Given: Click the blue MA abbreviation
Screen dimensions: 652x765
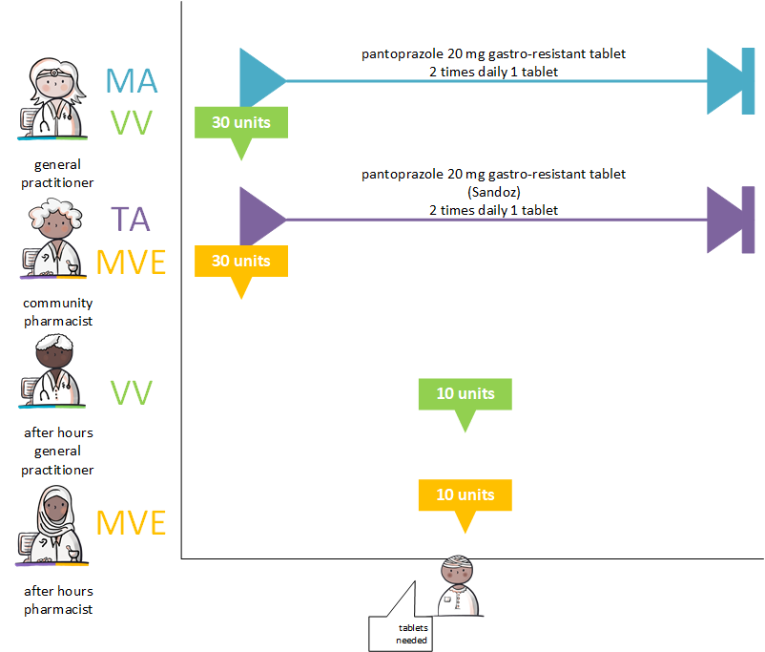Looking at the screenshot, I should point(131,81).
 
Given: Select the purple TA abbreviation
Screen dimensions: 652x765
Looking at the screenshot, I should point(131,219).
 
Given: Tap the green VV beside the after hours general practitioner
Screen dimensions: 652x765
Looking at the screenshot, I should point(131,393).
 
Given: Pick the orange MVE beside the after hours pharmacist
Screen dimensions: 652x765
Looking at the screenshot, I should point(131,523).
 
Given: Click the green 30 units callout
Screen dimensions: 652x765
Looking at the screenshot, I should point(240,123).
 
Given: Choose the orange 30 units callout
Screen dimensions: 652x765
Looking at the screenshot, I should point(240,262).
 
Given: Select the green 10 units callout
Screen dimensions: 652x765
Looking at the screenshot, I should point(465,394).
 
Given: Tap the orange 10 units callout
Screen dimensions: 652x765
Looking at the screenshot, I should point(465,495).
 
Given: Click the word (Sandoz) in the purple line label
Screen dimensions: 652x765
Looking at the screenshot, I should point(493,192).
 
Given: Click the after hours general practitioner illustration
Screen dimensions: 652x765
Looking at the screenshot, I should point(52,377).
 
